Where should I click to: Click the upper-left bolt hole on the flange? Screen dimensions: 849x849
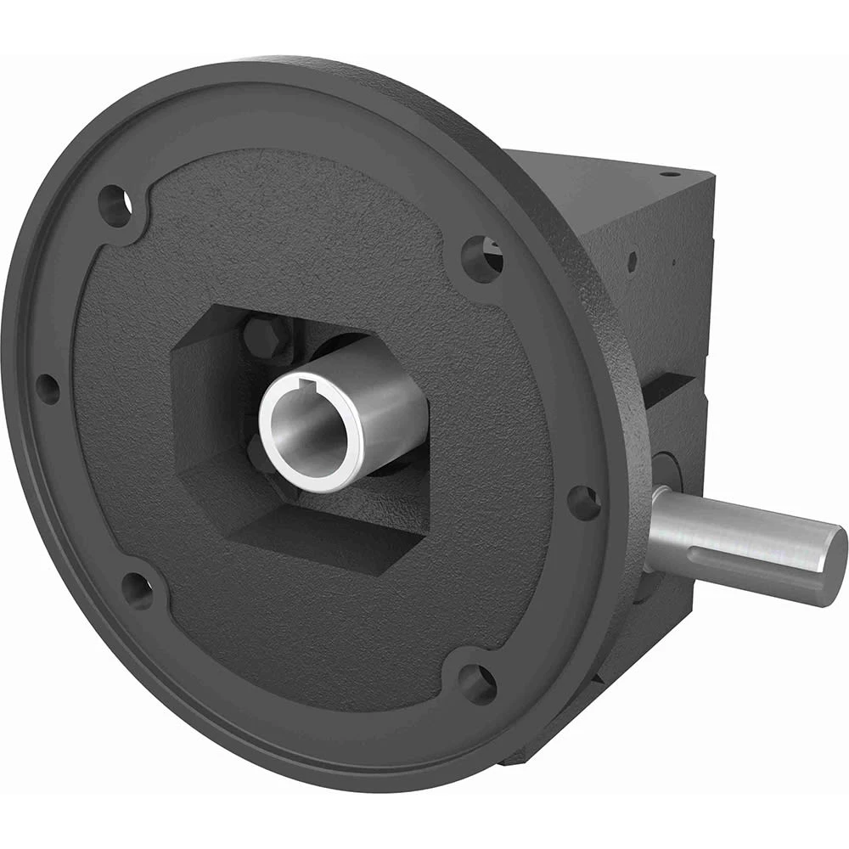click(115, 205)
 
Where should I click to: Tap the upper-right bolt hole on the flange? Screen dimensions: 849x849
click(482, 257)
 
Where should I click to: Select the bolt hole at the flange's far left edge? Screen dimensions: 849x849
click(48, 389)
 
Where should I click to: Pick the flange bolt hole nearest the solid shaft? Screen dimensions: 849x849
click(583, 503)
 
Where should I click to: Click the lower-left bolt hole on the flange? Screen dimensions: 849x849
click(137, 588)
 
